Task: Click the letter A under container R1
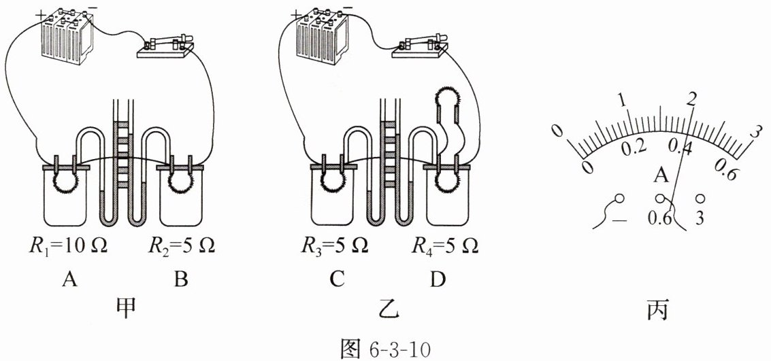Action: tap(68, 279)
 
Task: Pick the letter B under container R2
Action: tap(181, 279)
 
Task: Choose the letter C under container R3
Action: tap(334, 279)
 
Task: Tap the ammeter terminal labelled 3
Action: tap(701, 200)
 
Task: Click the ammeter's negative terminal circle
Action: tap(619, 200)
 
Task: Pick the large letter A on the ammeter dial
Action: tap(659, 177)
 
